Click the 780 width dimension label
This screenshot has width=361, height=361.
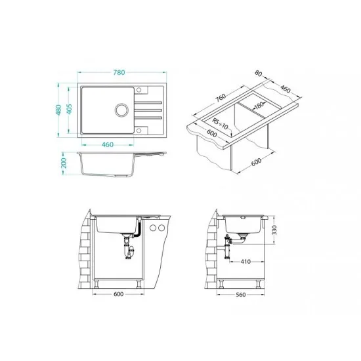[x=119, y=72]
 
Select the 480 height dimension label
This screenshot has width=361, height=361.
[x=58, y=110]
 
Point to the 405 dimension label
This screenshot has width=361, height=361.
[x=69, y=109]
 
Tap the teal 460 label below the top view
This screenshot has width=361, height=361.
[x=108, y=144]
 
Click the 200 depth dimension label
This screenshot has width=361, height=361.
[x=64, y=163]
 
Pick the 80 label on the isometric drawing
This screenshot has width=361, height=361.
[x=259, y=74]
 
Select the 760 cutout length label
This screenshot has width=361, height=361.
[x=221, y=98]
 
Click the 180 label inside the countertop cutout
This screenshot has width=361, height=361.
[x=259, y=106]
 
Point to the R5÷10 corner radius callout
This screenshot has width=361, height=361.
[x=220, y=124]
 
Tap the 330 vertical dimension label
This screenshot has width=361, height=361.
[x=274, y=230]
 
